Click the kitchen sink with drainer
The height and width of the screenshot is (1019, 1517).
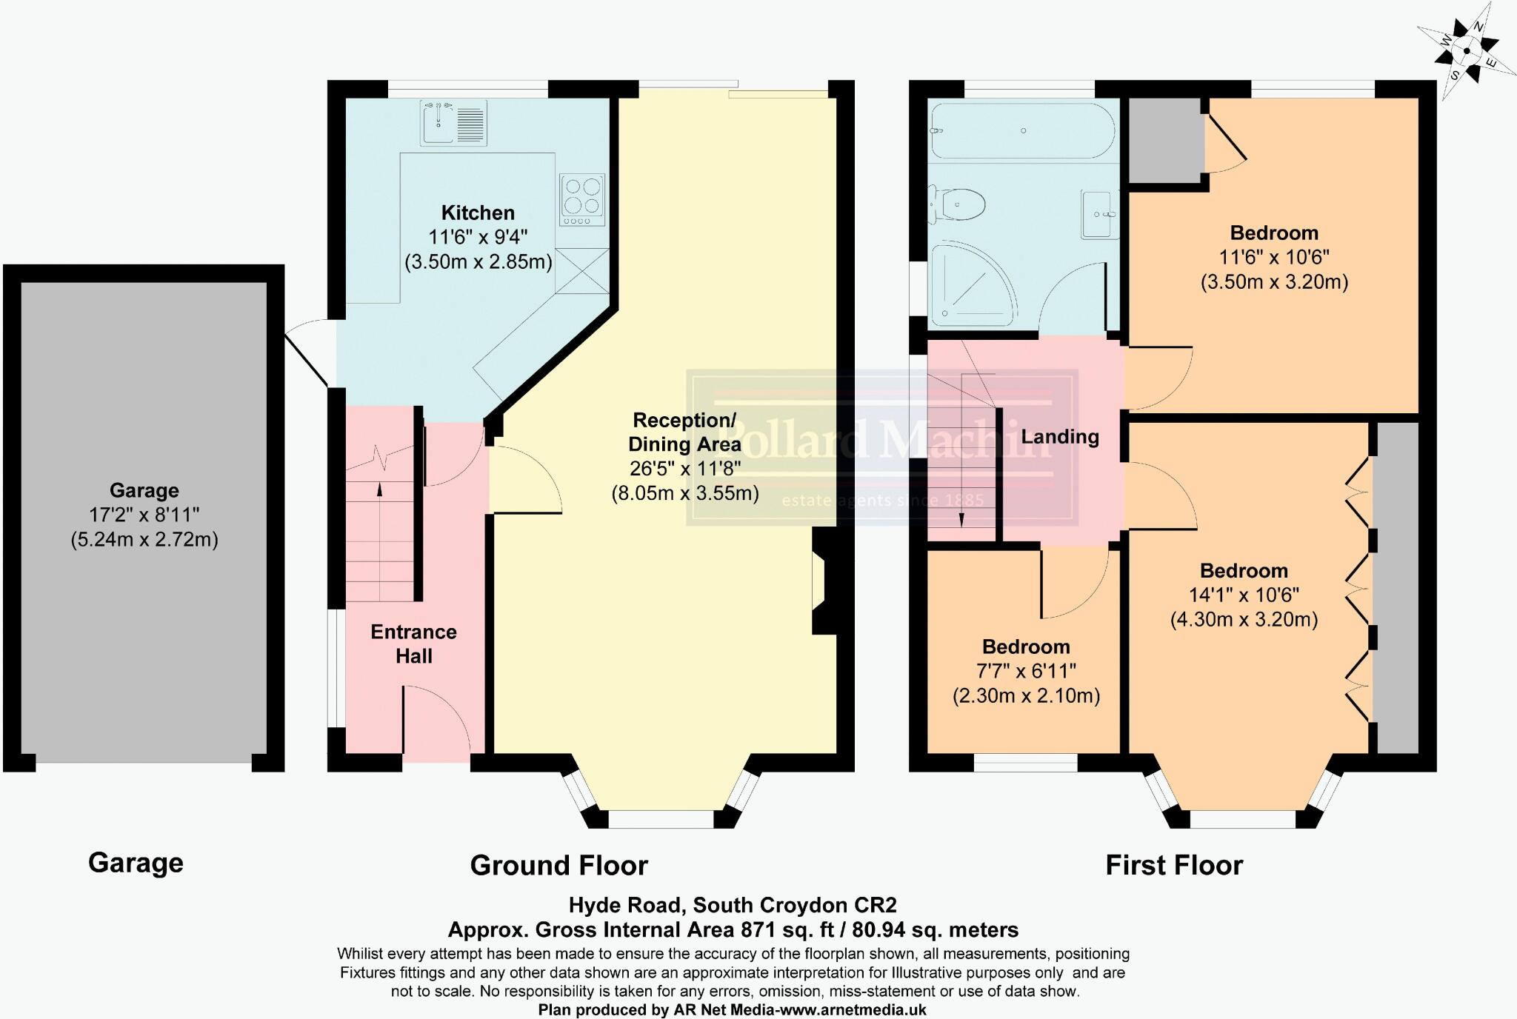453,123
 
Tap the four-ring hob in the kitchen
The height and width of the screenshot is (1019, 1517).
582,199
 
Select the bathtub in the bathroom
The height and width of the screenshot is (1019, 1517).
1022,130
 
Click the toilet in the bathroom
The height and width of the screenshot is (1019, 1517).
960,203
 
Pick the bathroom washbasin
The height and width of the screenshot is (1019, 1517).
1099,214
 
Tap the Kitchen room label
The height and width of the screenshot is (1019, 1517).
478,213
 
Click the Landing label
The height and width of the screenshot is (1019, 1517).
1060,437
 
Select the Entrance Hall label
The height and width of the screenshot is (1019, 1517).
413,644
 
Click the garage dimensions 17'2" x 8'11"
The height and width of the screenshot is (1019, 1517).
144,515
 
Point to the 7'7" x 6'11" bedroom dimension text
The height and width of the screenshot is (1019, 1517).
1026,672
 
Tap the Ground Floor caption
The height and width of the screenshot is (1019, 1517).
559,865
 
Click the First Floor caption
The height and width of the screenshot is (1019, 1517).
1174,865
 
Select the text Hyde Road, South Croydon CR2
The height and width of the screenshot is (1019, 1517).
733,905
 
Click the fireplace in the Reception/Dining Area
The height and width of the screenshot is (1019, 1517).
824,581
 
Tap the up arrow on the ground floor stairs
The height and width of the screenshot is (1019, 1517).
380,489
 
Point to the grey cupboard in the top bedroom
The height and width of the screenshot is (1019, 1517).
1165,139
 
